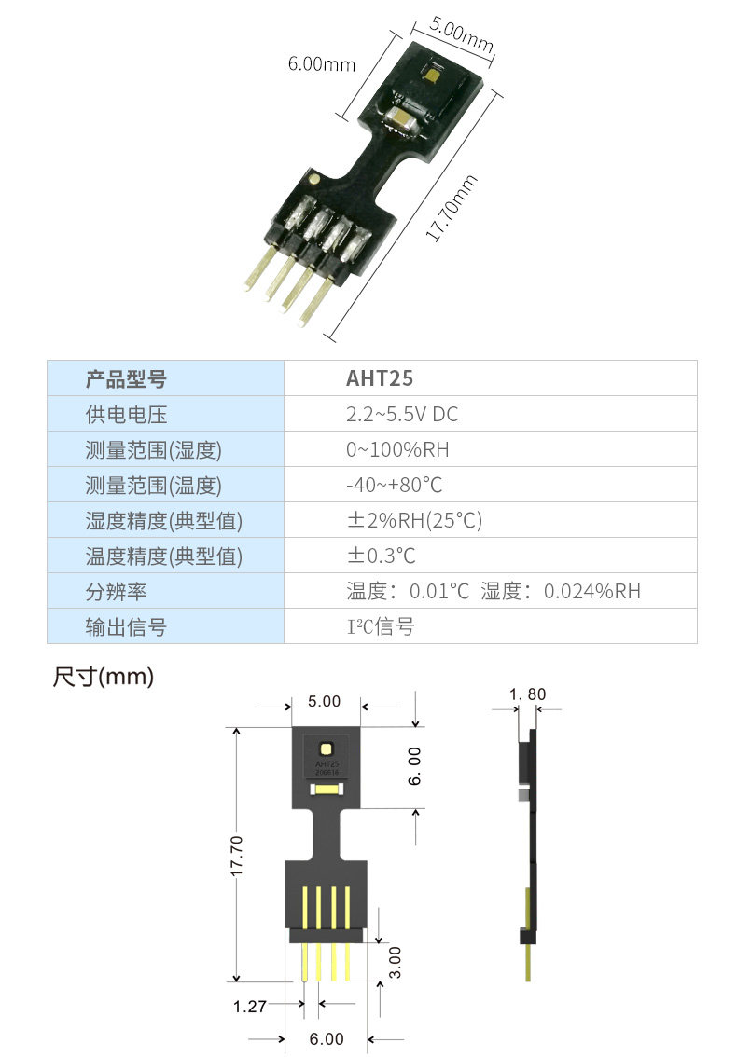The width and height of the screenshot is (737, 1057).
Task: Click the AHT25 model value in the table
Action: pyautogui.click(x=380, y=378)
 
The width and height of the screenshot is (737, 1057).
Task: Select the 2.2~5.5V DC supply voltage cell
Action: pyautogui.click(x=402, y=414)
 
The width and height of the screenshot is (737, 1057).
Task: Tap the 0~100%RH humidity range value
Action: pyautogui.click(x=397, y=449)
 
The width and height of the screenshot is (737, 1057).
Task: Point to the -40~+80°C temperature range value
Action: pyautogui.click(x=394, y=485)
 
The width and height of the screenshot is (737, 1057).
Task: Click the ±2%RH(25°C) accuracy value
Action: pyautogui.click(x=414, y=520)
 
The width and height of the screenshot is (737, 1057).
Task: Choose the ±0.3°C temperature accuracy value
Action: pyautogui.click(x=382, y=556)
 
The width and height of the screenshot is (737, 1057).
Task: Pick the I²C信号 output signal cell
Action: pyautogui.click(x=381, y=626)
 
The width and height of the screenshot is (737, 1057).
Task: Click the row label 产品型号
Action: pyautogui.click(x=126, y=378)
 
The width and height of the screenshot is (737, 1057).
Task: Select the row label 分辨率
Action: pyautogui.click(x=116, y=591)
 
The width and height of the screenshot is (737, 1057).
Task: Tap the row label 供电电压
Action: pyautogui.click(x=126, y=414)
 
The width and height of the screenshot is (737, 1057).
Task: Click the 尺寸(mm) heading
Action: pyautogui.click(x=104, y=676)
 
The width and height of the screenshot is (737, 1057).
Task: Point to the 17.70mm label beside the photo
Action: pyautogui.click(x=451, y=208)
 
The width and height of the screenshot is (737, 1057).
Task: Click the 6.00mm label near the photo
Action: pyautogui.click(x=321, y=64)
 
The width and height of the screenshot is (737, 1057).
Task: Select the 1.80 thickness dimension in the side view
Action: pyautogui.click(x=528, y=694)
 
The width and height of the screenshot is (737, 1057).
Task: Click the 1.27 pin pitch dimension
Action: pyautogui.click(x=250, y=1007)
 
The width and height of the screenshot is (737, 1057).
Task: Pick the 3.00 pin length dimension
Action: pyautogui.click(x=396, y=962)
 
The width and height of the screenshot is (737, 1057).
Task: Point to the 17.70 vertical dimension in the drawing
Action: pyautogui.click(x=237, y=856)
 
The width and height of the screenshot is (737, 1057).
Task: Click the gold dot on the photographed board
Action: pyautogui.click(x=313, y=179)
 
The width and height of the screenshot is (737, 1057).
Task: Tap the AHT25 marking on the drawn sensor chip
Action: pyautogui.click(x=327, y=763)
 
